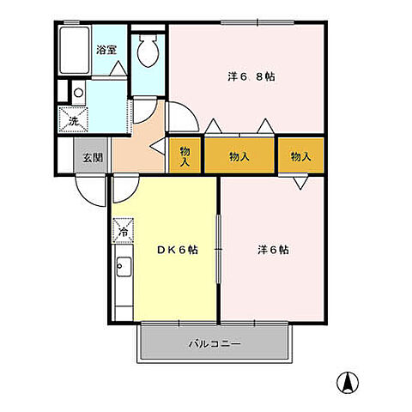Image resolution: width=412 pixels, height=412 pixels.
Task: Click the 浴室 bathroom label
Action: tap(106, 50)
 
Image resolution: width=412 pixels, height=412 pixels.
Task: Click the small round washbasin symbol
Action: tap(77, 92)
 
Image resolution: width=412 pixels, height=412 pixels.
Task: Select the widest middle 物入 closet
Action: tap(240, 156)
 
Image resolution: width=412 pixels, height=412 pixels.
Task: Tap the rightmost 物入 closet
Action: tap(300, 156)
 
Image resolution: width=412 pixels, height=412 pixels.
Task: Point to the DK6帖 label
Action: tap(178, 250)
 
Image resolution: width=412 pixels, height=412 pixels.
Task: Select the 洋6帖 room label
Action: tap(273, 250)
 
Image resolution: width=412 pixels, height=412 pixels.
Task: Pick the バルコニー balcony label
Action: tap(215, 343)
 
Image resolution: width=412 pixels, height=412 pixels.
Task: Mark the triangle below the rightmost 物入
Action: tap(301, 182)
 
